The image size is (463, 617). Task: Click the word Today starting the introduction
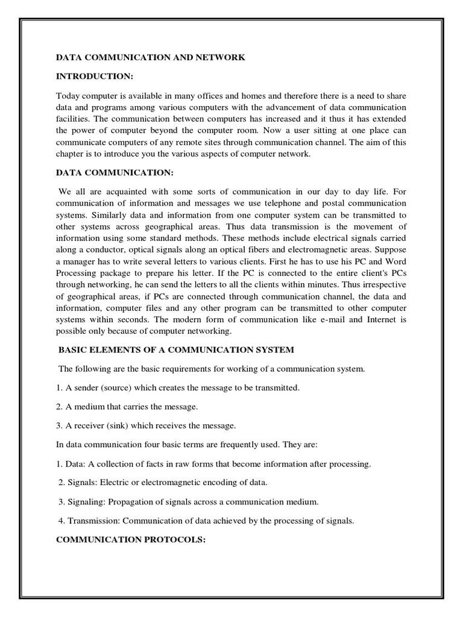coord(68,96)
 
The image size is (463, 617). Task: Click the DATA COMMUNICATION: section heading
coord(115,174)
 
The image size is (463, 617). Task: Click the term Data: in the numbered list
coord(76,464)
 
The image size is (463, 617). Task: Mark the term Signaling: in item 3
coord(88,502)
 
